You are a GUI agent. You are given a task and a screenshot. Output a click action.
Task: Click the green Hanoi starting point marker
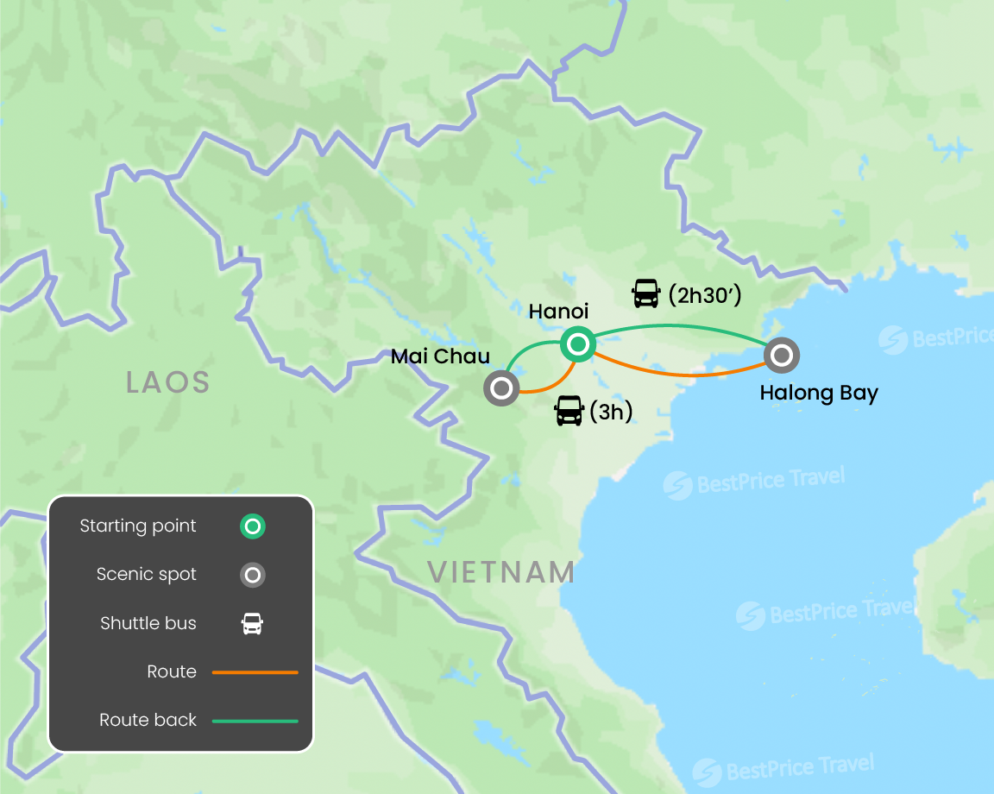577,345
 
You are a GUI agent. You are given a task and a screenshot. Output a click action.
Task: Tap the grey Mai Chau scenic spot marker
501,388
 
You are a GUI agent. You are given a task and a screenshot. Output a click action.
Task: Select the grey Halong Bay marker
781,354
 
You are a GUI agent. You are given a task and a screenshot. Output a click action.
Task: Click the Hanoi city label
558,311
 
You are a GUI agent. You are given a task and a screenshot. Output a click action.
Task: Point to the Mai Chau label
440,356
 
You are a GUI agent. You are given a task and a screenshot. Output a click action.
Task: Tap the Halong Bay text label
819,394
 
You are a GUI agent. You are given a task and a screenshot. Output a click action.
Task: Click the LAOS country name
168,381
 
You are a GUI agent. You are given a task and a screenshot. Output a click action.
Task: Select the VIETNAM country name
501,572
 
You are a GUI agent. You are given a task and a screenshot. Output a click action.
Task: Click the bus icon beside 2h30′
645,294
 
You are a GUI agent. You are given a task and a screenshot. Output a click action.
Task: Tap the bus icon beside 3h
569,411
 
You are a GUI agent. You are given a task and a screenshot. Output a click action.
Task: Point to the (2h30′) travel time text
705,295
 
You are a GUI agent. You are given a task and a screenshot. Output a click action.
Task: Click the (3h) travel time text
611,412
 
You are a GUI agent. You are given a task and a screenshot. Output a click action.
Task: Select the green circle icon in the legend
253,526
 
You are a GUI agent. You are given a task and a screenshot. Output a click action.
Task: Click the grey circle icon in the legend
253,575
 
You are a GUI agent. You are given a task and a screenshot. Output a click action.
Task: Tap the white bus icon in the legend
252,623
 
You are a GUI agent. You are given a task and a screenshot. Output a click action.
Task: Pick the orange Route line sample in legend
255,671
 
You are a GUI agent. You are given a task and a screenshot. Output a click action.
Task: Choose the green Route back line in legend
255,720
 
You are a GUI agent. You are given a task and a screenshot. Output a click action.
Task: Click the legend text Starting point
138,526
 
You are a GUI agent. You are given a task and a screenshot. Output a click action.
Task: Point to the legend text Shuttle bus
148,623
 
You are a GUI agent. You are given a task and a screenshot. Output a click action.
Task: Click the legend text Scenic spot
147,575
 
